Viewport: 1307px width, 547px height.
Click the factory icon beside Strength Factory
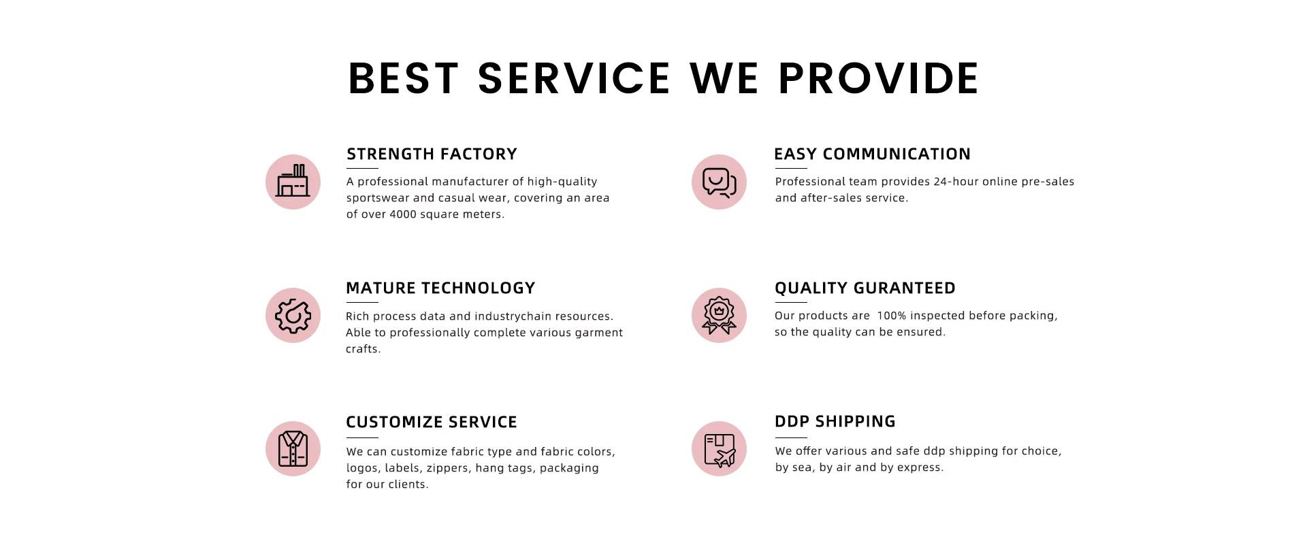point(293,182)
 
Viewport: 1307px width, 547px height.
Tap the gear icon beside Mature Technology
point(293,316)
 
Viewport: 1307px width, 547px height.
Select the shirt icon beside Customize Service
point(293,449)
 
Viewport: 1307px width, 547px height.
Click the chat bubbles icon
point(719,182)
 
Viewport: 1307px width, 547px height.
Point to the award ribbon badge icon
point(719,316)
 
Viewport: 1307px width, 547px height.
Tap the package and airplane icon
point(719,449)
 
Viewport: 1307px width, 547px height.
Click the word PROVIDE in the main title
point(879,78)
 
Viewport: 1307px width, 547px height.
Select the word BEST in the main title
point(404,78)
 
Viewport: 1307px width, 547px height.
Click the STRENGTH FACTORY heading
point(432,154)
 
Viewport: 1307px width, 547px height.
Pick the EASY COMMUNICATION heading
point(872,154)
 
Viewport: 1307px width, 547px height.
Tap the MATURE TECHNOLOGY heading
point(440,288)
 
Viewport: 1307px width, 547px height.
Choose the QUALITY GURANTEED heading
point(865,288)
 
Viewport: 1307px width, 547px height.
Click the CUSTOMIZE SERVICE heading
point(432,422)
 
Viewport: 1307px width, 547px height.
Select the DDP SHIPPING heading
point(835,422)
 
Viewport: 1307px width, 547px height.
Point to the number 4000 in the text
point(403,214)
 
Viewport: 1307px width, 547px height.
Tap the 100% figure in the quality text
point(892,316)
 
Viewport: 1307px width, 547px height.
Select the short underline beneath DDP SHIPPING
point(791,437)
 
